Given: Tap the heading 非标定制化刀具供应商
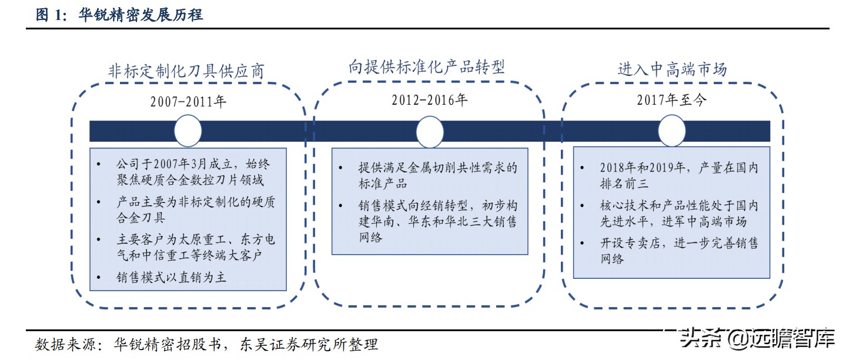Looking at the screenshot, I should (186, 71).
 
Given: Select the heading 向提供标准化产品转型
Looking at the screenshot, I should (426, 67).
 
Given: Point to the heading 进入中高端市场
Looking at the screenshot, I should (672, 69).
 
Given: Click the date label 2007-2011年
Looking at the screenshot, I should (188, 101).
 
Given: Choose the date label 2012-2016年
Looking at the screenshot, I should (430, 100).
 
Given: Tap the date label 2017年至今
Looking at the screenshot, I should (672, 100).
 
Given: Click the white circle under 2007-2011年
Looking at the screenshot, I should (188, 131).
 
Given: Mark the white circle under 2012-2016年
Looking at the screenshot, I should (430, 131).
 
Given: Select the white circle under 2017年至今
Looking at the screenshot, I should (672, 131).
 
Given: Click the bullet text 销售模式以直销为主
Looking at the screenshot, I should (171, 276).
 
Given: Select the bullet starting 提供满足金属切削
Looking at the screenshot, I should (437, 175).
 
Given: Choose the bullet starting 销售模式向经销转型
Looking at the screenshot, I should (437, 222).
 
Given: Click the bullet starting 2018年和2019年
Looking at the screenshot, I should (678, 176).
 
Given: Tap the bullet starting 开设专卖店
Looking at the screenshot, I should (678, 251).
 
